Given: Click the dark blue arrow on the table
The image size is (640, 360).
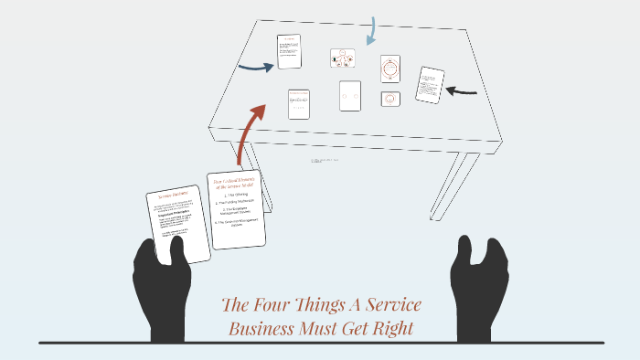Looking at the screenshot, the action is click(x=255, y=66).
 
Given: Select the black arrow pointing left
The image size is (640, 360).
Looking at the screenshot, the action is click(x=463, y=90).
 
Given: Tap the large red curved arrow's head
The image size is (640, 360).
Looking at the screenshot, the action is click(x=257, y=113).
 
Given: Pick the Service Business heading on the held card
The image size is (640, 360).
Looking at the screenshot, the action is click(x=172, y=196).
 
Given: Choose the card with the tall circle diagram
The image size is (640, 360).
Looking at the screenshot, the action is click(x=390, y=69).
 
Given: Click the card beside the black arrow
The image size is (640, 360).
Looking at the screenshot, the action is click(x=429, y=85).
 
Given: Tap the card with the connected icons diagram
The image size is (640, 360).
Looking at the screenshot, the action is click(x=343, y=59).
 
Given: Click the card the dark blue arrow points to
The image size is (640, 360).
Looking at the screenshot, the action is click(x=289, y=51).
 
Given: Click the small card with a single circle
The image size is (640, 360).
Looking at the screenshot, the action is click(x=390, y=99).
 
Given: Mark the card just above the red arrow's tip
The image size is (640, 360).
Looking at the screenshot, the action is click(x=298, y=103).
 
